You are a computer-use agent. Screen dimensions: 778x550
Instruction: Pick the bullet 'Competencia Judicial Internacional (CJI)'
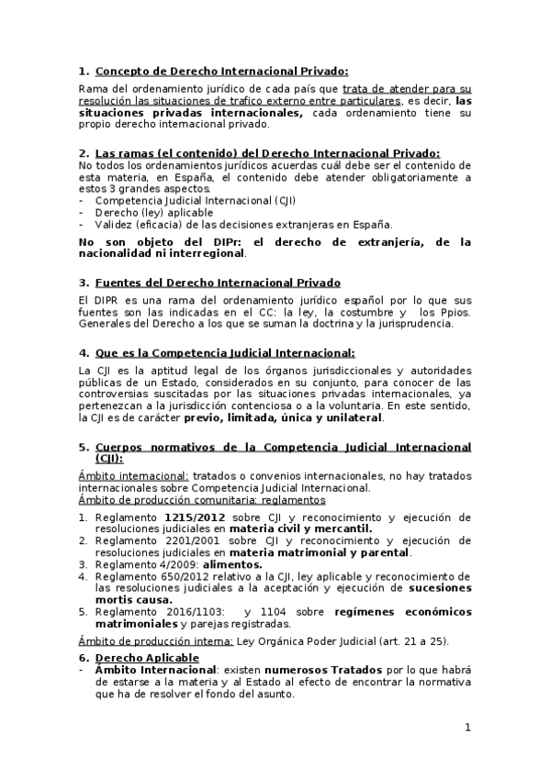196,200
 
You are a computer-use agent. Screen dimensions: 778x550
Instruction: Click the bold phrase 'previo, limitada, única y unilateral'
283,417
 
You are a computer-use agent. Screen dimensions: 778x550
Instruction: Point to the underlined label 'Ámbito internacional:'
134,475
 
